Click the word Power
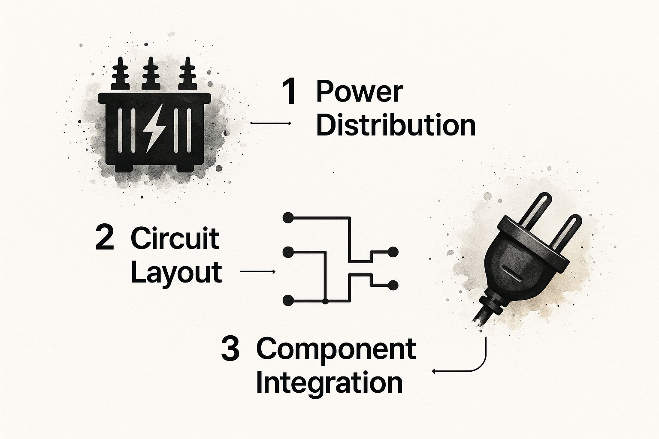(360, 92)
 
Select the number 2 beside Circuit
(104, 239)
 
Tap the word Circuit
(175, 239)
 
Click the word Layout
(176, 273)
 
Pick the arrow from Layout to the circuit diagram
(258, 271)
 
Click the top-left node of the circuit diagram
(288, 218)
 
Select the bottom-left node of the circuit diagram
(288, 301)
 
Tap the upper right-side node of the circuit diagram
(393, 252)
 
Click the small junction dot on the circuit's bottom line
(325, 301)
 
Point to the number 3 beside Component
(230, 349)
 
